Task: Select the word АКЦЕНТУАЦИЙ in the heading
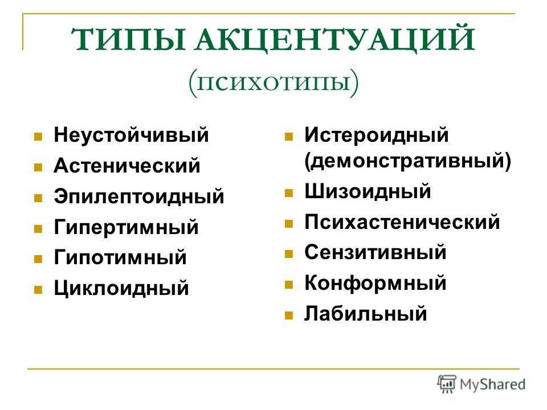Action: [x=334, y=40]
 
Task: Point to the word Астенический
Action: [x=127, y=165]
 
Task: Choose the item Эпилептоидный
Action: [x=139, y=196]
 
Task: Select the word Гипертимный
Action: [x=126, y=227]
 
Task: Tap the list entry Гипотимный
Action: [x=120, y=257]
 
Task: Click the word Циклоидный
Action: [x=121, y=288]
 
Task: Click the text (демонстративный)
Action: [x=408, y=161]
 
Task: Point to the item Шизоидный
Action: [x=368, y=191]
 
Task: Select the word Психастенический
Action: [x=402, y=222]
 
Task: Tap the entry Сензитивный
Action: [x=375, y=252]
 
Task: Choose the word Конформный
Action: [x=375, y=283]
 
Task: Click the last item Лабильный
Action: [x=366, y=313]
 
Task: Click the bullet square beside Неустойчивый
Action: [x=38, y=136]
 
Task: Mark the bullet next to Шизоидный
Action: [x=288, y=193]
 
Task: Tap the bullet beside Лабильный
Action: [x=288, y=315]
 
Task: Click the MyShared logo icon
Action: [x=447, y=384]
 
